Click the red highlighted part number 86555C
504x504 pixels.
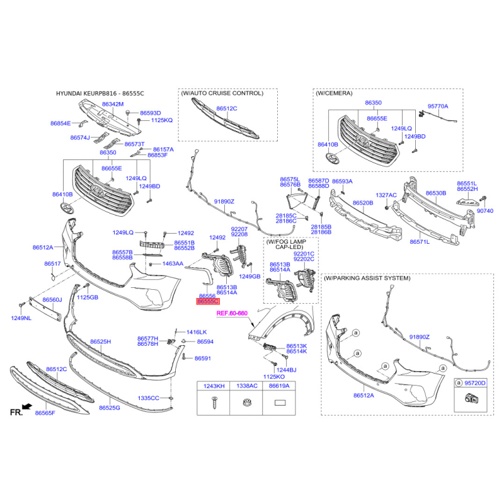pos(208,301)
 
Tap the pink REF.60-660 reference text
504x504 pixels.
pos(232,313)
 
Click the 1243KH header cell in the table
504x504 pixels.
pos(214,386)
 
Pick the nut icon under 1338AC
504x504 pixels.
pos(246,403)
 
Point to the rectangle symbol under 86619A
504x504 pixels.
pos(279,403)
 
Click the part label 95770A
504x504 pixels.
pos(437,106)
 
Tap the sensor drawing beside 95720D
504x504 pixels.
pos(471,398)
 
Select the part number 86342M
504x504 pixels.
pos(113,104)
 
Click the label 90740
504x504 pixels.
pos(485,211)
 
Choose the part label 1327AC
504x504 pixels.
pos(386,195)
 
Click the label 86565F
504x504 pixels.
pos(45,413)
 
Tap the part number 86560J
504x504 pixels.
pos(52,300)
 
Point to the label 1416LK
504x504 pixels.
pos(197,332)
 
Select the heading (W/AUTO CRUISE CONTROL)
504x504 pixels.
pos(222,93)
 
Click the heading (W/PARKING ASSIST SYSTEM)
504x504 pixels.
pos(367,278)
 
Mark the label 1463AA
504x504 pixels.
pos(173,263)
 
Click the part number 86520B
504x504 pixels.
pos(363,203)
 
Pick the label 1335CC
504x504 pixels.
pos(149,398)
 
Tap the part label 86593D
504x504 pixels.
pos(151,113)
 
